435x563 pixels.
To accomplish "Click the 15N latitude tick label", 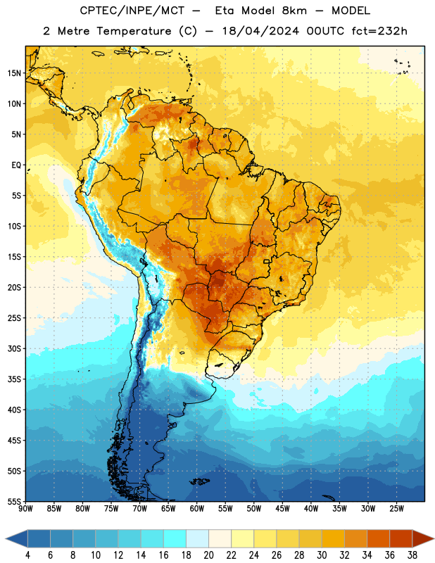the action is coord(14,73).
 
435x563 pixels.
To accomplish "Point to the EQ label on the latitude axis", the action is coord(16,165).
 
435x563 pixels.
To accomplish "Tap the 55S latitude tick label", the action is coord(14,501).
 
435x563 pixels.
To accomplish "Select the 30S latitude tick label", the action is coord(14,348).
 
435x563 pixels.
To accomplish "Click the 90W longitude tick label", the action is coord(25,509).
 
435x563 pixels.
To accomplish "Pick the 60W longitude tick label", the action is coord(196,509).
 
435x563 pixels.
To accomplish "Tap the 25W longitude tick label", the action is coord(396,509).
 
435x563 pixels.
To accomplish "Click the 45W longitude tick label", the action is coord(282,509).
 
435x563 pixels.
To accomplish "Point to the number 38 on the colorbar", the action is coord(412,555).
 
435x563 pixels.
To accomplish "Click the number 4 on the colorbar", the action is coord(27,555).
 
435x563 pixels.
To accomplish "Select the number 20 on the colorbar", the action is coord(208,555).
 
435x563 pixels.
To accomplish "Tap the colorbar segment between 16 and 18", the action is coord(175,539).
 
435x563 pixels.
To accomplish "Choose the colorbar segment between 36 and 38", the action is coord(401,539).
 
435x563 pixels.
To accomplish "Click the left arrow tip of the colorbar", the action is coord(6,539).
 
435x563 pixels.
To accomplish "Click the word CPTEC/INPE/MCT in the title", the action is coord(132,11).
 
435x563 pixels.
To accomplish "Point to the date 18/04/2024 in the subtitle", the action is coord(260,31).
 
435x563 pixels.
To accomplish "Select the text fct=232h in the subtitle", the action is coord(379,31).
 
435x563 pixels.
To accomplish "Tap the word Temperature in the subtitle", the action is coord(134,32).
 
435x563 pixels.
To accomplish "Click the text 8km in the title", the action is coord(294,11).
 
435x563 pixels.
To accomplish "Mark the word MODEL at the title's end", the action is coord(351,11).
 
